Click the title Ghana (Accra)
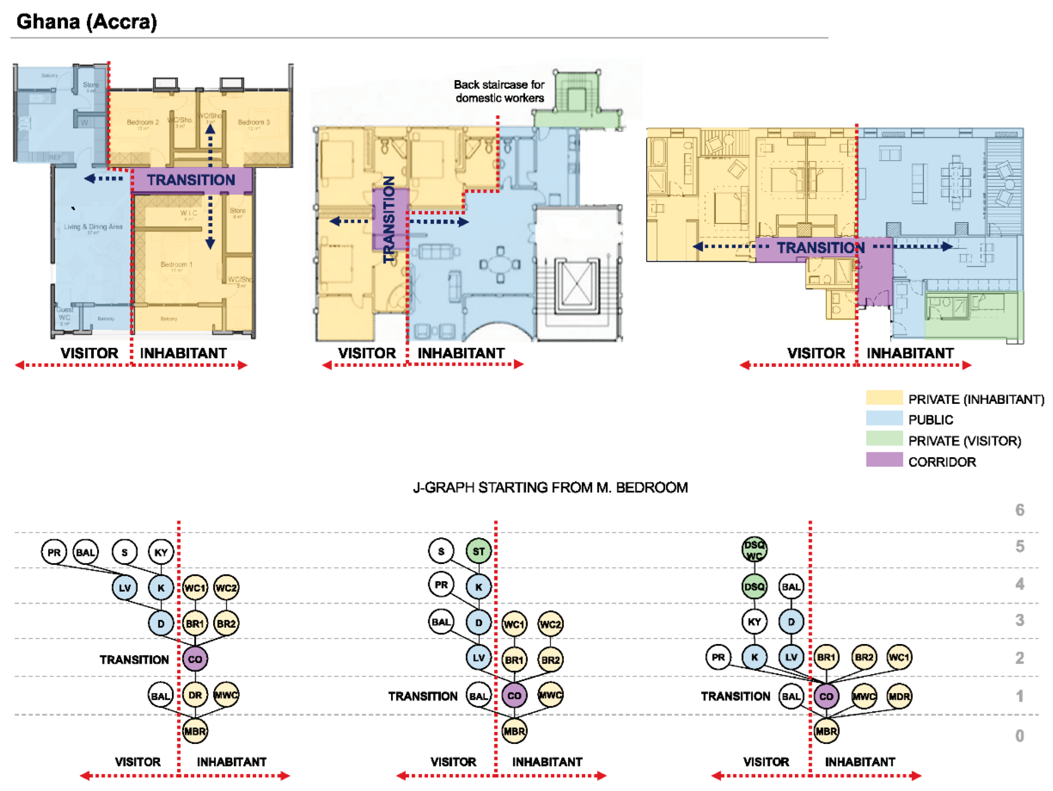87,22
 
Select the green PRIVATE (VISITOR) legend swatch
884,439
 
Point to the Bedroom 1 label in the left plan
177,265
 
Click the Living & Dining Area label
93,227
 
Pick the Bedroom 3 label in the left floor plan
254,122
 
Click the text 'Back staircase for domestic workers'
499,91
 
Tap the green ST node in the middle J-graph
478,552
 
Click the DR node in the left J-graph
195,695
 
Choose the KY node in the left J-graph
161,552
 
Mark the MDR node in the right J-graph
899,696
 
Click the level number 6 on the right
1019,510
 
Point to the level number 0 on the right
1019,736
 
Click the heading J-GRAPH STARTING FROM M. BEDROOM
550,488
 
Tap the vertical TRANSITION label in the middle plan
389,219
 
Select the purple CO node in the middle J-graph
514,695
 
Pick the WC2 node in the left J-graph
226,588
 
